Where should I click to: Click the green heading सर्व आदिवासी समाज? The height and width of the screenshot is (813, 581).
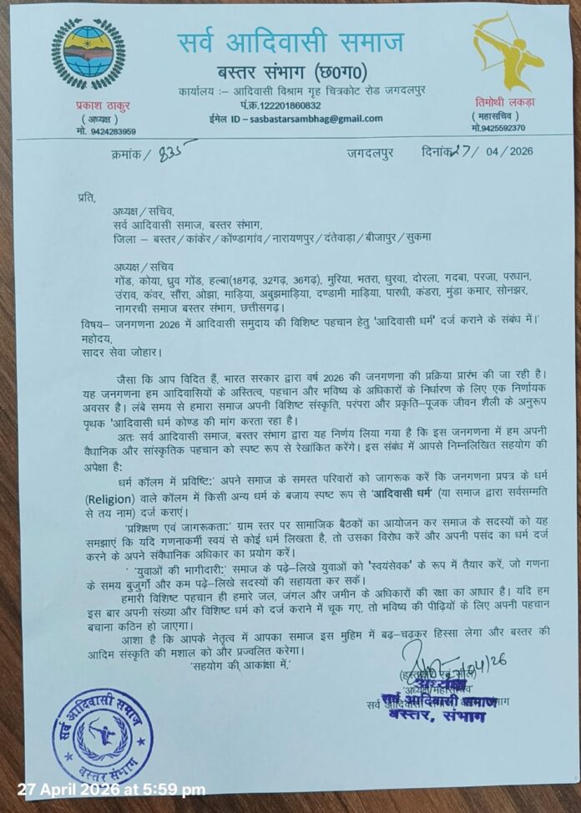pyautogui.click(x=291, y=41)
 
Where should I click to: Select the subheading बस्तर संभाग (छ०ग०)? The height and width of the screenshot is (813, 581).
pyautogui.click(x=290, y=69)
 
